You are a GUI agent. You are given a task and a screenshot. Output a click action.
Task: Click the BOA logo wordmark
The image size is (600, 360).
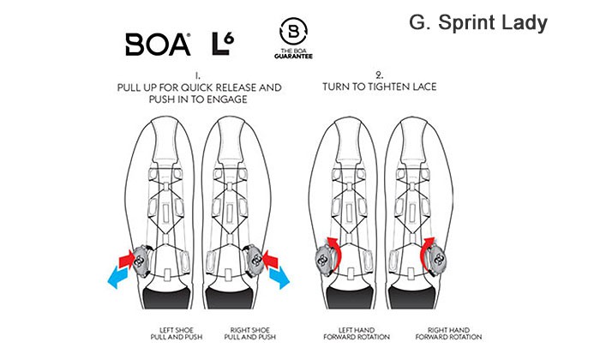click(158, 45)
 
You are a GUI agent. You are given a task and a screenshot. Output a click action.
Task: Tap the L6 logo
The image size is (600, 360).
click(223, 44)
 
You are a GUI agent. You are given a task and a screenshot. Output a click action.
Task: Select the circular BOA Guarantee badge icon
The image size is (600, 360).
click(293, 31)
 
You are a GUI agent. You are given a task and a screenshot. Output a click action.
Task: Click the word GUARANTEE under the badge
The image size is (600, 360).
click(293, 57)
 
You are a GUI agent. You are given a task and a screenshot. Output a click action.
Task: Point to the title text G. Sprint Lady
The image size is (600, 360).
click(478, 23)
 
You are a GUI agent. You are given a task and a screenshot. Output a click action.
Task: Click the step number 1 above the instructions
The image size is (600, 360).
click(197, 75)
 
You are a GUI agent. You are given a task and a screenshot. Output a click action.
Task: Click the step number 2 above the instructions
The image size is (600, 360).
click(379, 75)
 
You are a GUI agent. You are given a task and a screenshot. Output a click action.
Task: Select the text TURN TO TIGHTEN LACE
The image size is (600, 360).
click(380, 87)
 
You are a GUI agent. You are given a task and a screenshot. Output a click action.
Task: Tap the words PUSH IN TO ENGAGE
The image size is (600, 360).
click(198, 99)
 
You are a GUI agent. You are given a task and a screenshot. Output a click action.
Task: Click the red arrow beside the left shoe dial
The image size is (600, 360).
click(126, 260)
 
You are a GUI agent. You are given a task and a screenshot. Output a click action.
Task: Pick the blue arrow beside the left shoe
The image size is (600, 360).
click(118, 277)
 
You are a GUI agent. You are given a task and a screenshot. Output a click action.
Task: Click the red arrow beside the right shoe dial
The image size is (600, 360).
click(270, 260)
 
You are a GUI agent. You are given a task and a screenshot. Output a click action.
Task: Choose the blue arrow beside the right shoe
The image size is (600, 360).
click(279, 277)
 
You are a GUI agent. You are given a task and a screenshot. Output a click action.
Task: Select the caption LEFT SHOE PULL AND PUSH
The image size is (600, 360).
click(177, 333)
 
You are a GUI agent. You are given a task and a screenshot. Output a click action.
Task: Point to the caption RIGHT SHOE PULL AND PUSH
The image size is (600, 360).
click(250, 333)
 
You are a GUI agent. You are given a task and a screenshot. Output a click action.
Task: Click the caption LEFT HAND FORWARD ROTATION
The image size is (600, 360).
click(357, 333)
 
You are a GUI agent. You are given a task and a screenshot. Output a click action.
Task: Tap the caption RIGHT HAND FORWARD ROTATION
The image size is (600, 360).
click(448, 333)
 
